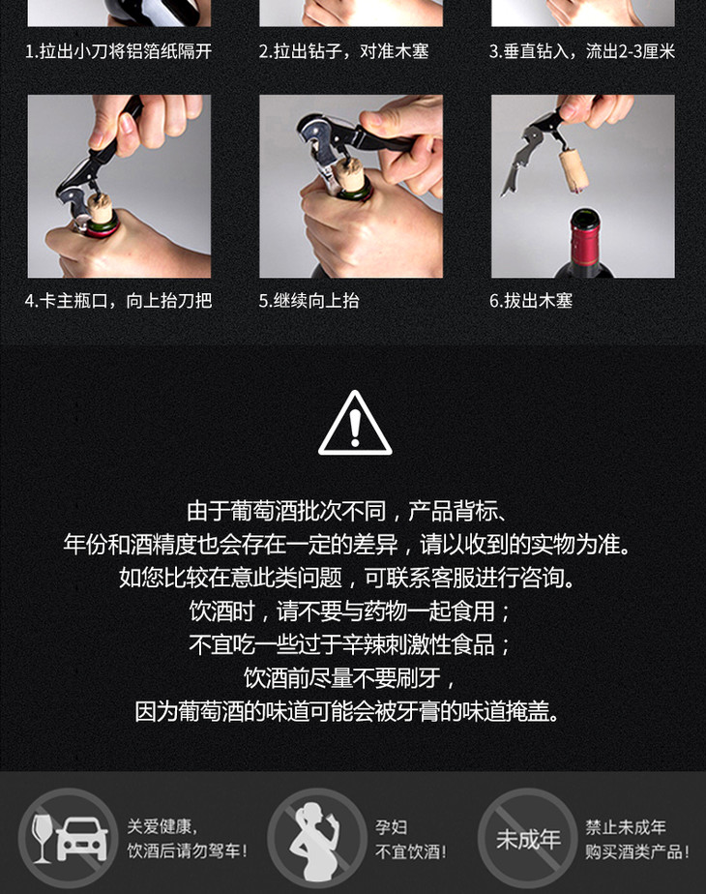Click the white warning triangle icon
coord(354,423)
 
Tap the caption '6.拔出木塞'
coord(531,301)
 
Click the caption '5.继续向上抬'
coord(309,301)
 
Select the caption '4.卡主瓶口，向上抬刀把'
coord(119,301)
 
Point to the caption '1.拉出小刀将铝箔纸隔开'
coord(119,52)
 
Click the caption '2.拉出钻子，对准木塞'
coord(343,52)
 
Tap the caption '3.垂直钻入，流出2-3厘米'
coord(582,52)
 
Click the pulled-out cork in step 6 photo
coord(574,168)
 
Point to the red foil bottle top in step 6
coord(585,235)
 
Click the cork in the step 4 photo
coord(101,209)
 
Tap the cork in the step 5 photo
coord(349,174)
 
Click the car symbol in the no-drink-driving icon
coord(82,839)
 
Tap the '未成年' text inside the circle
coord(528,839)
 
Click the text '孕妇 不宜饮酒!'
coord(410,839)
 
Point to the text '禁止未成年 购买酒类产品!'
coord(637,839)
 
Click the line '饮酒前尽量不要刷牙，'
coord(350,678)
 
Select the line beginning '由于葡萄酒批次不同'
coord(347,511)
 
